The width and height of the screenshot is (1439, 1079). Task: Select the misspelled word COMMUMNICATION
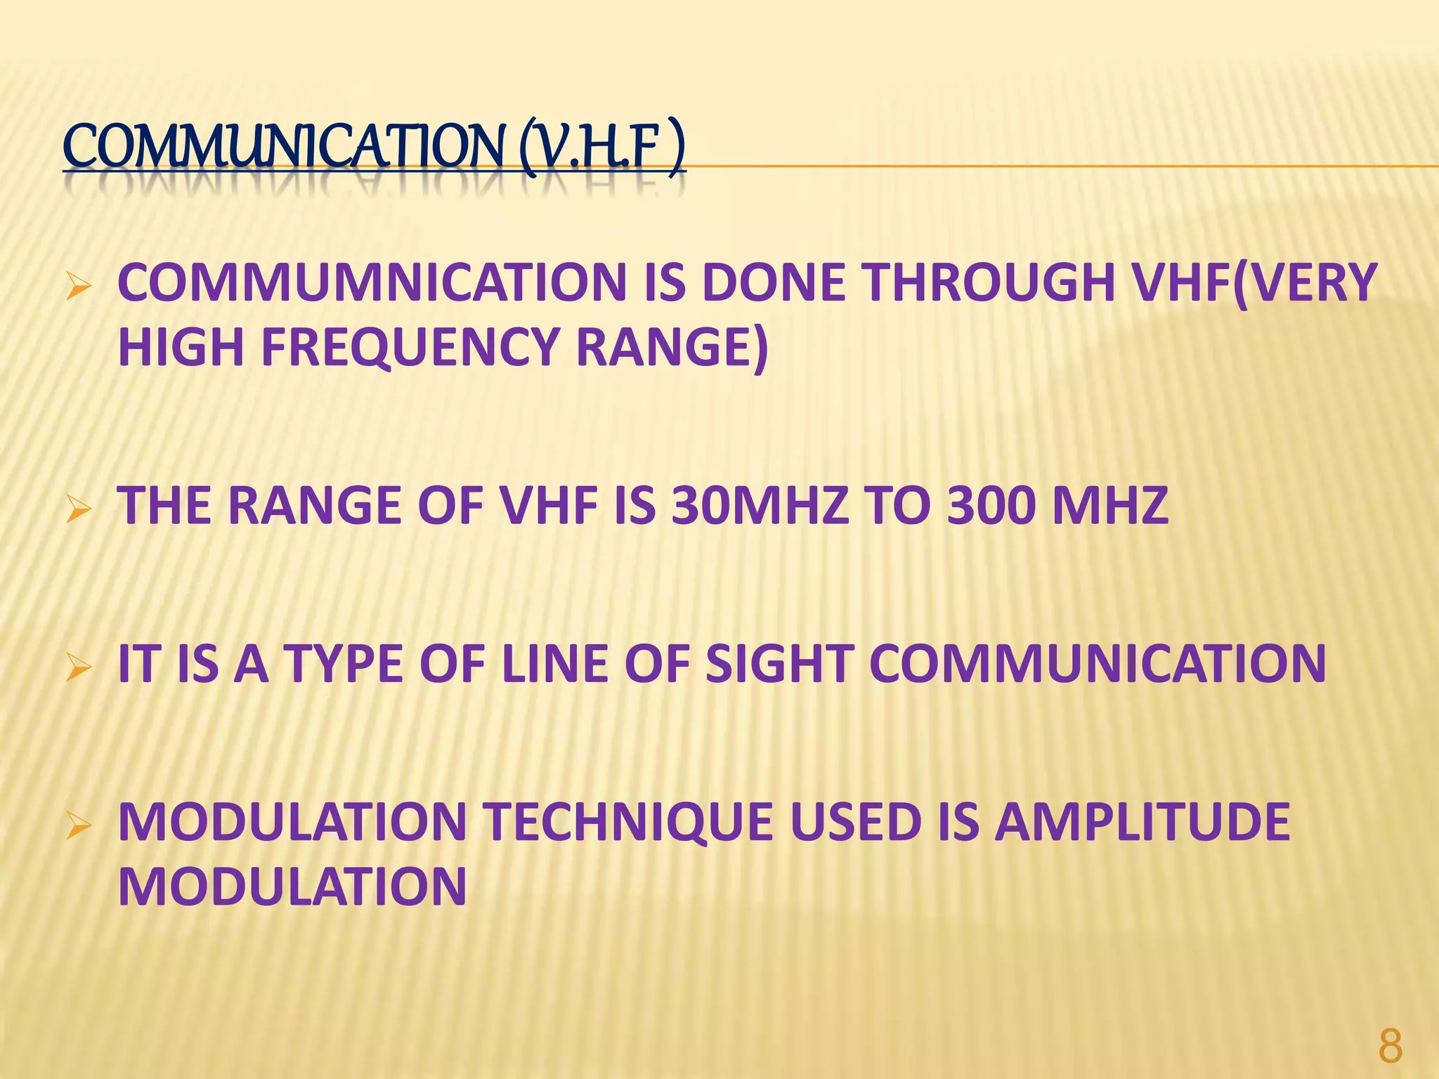pos(372,283)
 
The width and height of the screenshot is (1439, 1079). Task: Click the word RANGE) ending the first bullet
pos(672,348)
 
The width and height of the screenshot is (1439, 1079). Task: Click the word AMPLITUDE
pos(1142,822)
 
